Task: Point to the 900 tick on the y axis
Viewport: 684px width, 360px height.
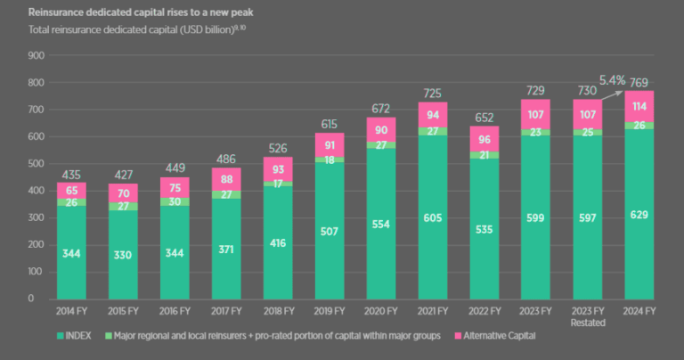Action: (x=37, y=55)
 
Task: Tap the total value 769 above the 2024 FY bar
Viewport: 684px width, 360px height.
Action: (x=639, y=83)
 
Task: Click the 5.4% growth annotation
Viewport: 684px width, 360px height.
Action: (x=612, y=80)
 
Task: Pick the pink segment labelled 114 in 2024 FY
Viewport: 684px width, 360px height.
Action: (x=639, y=106)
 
